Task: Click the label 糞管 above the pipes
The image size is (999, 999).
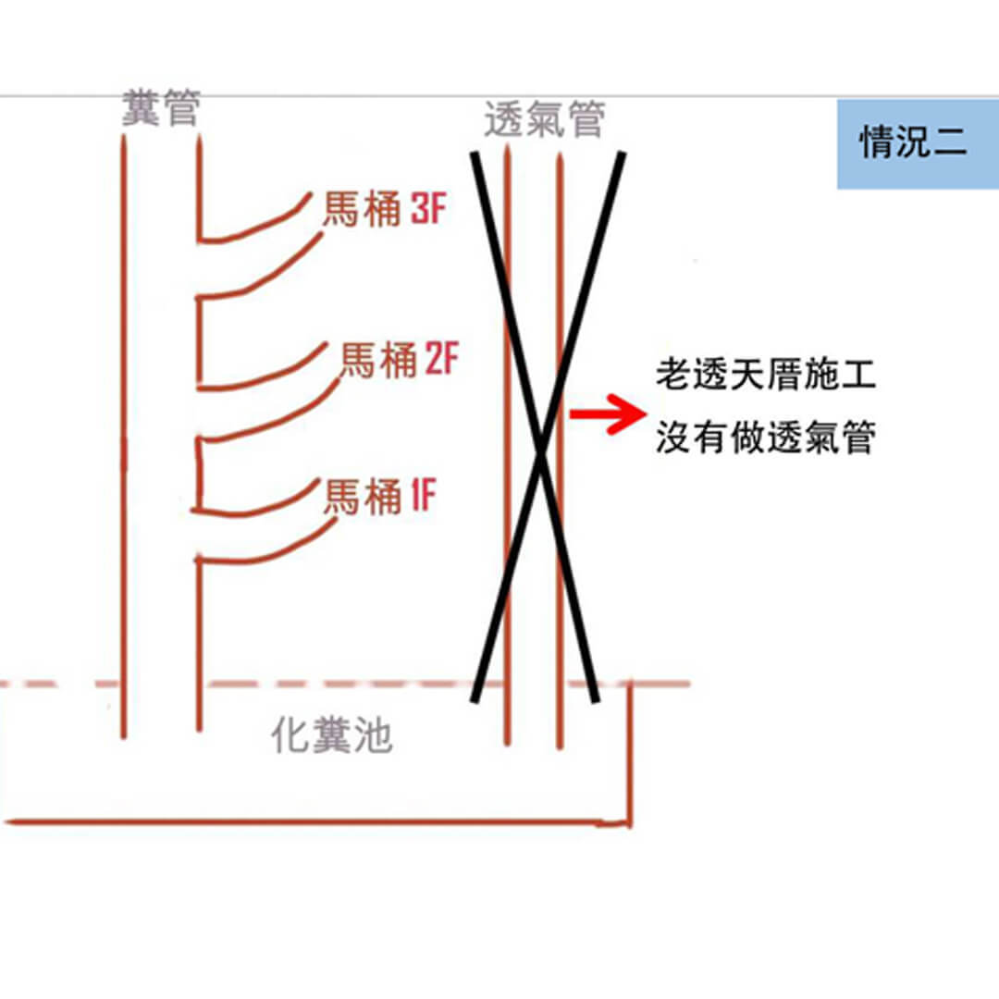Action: coord(161,110)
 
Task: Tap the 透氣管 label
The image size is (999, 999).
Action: coord(545,120)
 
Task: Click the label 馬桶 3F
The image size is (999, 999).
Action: coord(384,211)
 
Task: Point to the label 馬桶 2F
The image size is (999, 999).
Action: coord(400,360)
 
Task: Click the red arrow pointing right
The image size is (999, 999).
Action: coord(605,413)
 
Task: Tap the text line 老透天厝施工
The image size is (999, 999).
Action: coord(765,376)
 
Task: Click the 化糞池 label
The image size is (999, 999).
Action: coord(332,737)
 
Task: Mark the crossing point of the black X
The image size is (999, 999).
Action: coord(543,443)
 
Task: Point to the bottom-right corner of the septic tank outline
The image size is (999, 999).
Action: coord(629,820)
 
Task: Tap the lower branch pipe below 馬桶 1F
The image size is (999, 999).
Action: coord(268,551)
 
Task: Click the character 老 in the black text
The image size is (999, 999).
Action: coord(673,376)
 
